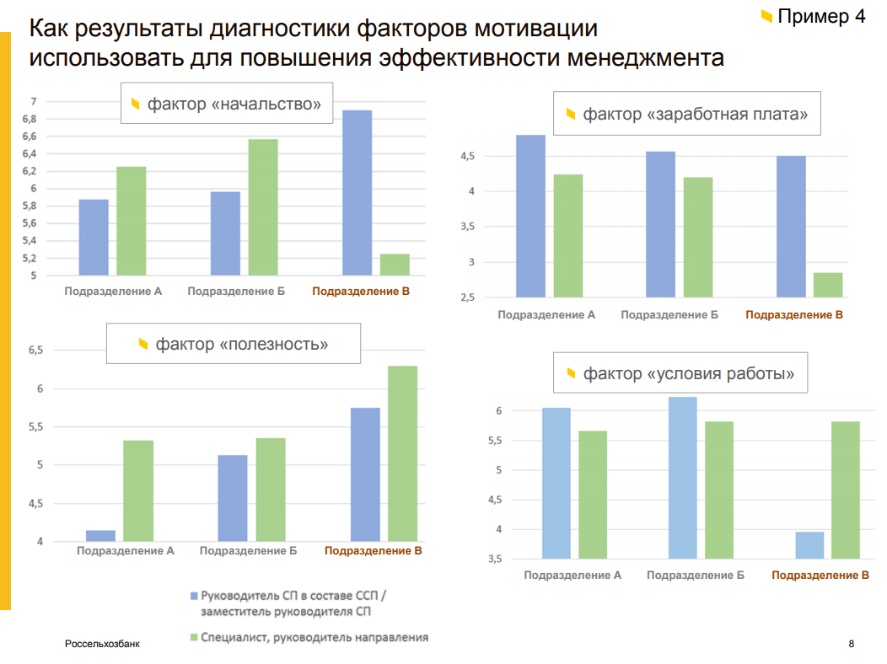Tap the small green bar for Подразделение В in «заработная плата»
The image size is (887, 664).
[x=827, y=285]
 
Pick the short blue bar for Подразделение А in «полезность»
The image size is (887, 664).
[x=101, y=536]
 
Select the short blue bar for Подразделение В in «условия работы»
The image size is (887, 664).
[x=809, y=545]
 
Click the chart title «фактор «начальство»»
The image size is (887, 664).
[x=227, y=104]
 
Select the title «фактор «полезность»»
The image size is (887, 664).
[x=234, y=344]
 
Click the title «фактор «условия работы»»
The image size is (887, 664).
[x=680, y=372]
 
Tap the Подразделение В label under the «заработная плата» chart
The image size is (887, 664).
[x=794, y=314]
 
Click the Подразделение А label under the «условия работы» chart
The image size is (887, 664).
[x=573, y=576]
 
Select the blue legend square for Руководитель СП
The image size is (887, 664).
[x=193, y=595]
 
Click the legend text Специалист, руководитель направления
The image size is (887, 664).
[x=314, y=638]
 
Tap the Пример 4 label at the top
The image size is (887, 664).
[x=820, y=16]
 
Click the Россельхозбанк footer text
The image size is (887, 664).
[x=102, y=644]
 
